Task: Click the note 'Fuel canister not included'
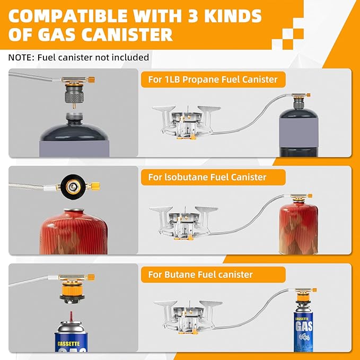[x=93, y=57]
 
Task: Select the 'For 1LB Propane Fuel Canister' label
[x=213, y=80]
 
